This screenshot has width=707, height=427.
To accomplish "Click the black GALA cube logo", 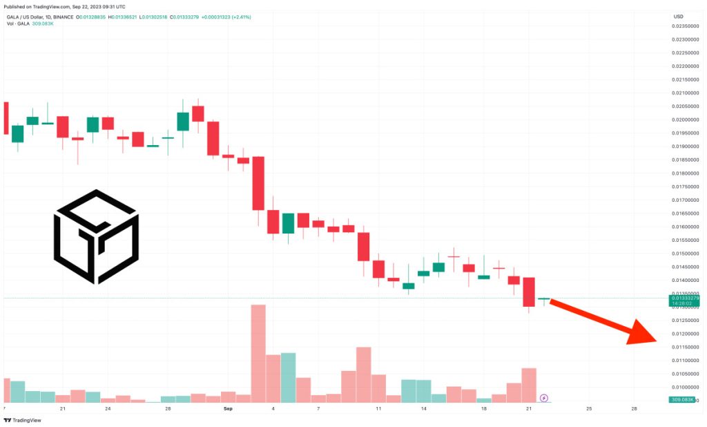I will point(97,236).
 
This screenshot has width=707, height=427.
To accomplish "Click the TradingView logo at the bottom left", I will point(21,420).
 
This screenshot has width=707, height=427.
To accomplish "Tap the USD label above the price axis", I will point(678,16).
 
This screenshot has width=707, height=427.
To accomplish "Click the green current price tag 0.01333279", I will point(684,298).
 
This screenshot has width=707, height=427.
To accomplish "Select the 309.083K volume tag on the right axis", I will point(684,400).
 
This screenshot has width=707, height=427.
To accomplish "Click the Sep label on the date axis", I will point(229,409).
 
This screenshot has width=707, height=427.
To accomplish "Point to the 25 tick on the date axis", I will point(589,409).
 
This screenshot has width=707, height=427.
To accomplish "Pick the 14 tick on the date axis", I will point(424,409).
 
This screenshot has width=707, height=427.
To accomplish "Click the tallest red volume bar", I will point(258,353).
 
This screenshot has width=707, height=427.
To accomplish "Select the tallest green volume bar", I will point(288,377).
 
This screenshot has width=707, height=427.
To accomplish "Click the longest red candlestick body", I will point(258,183).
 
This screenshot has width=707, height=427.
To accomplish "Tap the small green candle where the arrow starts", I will point(544,299).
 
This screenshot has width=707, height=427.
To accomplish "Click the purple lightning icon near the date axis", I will point(544,398).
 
